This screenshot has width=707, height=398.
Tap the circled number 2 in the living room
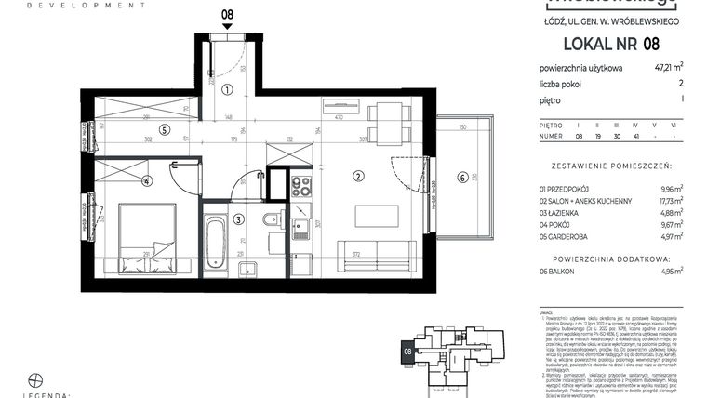(357, 176)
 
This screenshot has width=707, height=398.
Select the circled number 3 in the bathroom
(239, 219)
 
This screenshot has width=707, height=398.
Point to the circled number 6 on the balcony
(461, 178)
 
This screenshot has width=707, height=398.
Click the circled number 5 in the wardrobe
(163, 130)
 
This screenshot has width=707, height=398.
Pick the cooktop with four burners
(300, 185)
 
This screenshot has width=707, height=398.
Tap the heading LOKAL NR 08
(610, 43)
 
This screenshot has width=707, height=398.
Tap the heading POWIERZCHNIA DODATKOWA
(611, 254)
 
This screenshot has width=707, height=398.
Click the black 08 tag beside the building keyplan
(407, 352)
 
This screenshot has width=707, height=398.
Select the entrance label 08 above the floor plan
(227, 15)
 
